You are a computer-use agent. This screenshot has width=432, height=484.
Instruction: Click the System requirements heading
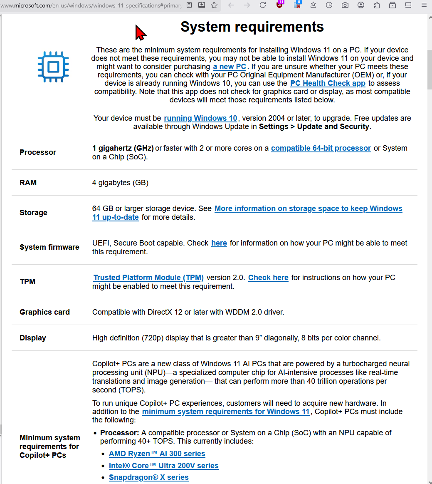coord(252,27)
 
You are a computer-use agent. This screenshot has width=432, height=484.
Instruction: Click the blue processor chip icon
coord(53,67)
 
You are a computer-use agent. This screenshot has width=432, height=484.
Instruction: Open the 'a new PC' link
coord(230,67)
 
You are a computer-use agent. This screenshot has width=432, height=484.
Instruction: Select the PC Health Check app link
coord(328,83)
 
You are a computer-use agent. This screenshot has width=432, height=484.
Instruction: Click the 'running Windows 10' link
coord(200,118)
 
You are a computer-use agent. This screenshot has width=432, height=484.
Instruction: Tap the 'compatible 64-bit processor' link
coord(321,148)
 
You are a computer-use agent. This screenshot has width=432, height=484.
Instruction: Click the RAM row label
coord(28,183)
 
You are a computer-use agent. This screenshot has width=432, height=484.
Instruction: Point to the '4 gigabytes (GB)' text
coord(120,183)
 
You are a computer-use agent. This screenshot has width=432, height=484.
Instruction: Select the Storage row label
coord(33,213)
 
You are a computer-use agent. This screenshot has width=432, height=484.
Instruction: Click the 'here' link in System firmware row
coord(219,243)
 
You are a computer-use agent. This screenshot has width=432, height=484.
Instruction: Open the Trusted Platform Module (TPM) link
coord(148,278)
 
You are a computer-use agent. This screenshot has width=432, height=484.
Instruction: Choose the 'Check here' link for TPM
coord(268,278)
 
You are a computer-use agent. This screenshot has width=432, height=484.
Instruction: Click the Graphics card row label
coord(44,312)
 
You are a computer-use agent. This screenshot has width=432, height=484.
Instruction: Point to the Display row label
coord(33,338)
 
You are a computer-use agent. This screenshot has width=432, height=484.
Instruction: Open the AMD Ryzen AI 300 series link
coord(157,454)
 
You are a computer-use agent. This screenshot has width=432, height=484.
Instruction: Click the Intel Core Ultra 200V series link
coord(163,466)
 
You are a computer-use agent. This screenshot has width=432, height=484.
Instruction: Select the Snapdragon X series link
coord(148,477)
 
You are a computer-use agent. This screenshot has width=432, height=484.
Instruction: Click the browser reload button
coord(263,5)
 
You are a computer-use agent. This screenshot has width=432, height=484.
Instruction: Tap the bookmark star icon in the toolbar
coord(214,5)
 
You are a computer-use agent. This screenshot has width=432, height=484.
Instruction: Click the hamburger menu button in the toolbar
coord(424,5)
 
